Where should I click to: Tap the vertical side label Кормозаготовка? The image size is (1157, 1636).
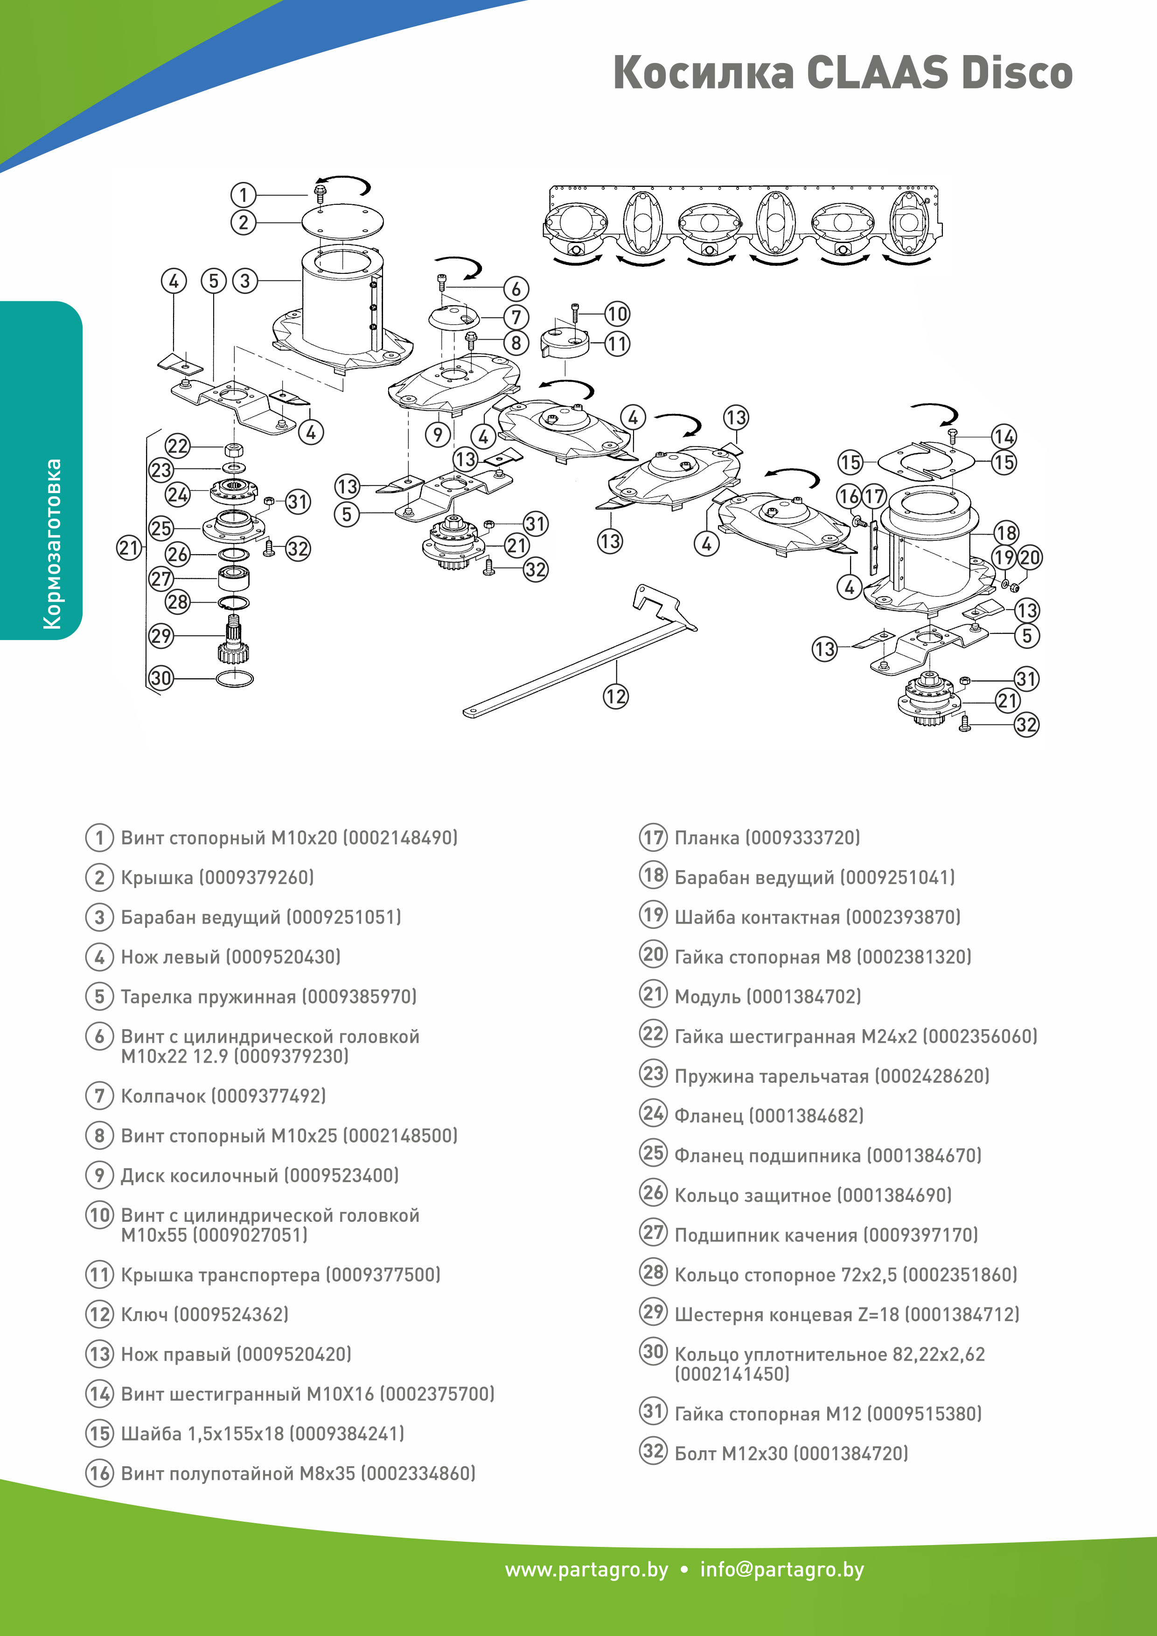(52, 543)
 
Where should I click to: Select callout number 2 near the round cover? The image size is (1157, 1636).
(243, 223)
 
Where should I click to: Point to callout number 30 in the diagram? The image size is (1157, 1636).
(161, 678)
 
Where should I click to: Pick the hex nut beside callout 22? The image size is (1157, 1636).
(234, 450)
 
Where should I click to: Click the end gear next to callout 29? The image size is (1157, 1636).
(234, 645)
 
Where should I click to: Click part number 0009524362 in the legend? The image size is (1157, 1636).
(231, 1314)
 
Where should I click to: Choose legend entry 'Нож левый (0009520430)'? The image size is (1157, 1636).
(230, 956)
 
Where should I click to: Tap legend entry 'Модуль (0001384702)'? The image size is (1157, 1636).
(767, 996)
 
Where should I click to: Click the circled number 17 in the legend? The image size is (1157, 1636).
(653, 837)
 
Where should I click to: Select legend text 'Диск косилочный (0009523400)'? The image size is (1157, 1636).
(259, 1175)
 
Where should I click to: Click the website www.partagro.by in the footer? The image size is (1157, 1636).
(586, 1570)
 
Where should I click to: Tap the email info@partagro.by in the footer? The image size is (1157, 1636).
(781, 1570)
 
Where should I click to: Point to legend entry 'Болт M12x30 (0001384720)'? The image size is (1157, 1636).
(791, 1453)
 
